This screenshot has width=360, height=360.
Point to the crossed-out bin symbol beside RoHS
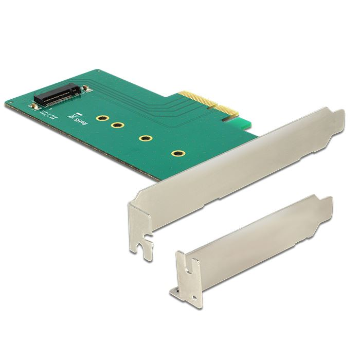pyautogui.click(x=76, y=116)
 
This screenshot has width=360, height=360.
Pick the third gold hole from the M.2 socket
pyautogui.click(x=147, y=138)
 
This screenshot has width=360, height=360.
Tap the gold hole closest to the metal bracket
pyautogui.click(x=178, y=153)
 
